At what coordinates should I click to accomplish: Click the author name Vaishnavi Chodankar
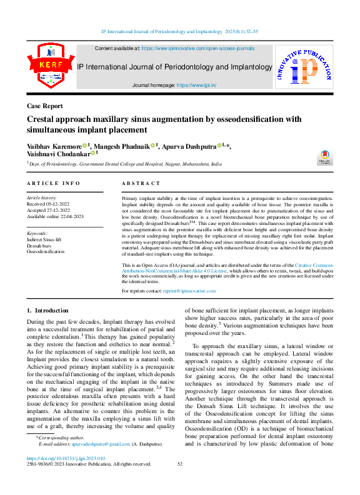(x=58, y=153)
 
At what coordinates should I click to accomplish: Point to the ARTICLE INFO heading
(x=54, y=183)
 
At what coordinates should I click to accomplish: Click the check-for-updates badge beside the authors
(x=325, y=157)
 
